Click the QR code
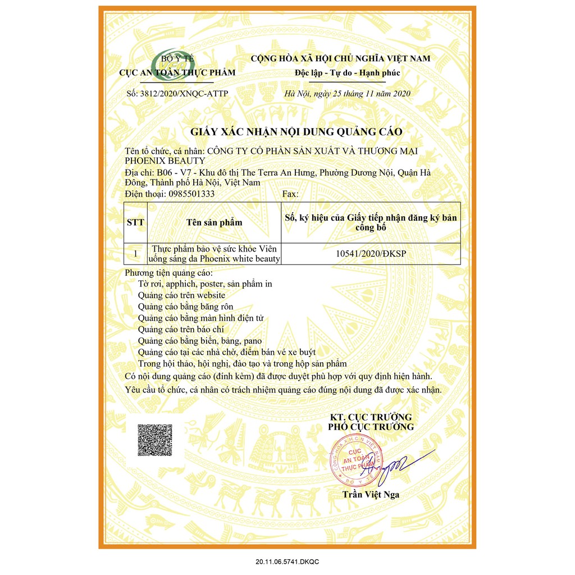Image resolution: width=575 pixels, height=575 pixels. point(155,441)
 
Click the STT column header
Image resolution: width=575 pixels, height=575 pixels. point(135,222)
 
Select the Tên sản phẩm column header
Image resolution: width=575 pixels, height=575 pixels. point(214,222)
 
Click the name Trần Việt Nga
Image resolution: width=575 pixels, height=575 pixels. point(371,495)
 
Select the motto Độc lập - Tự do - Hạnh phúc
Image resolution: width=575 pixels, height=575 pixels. point(348,73)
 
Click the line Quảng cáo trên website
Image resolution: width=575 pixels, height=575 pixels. point(181,295)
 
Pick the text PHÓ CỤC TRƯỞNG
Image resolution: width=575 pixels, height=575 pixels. point(371,427)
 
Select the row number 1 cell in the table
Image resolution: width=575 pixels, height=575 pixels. point(135,253)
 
